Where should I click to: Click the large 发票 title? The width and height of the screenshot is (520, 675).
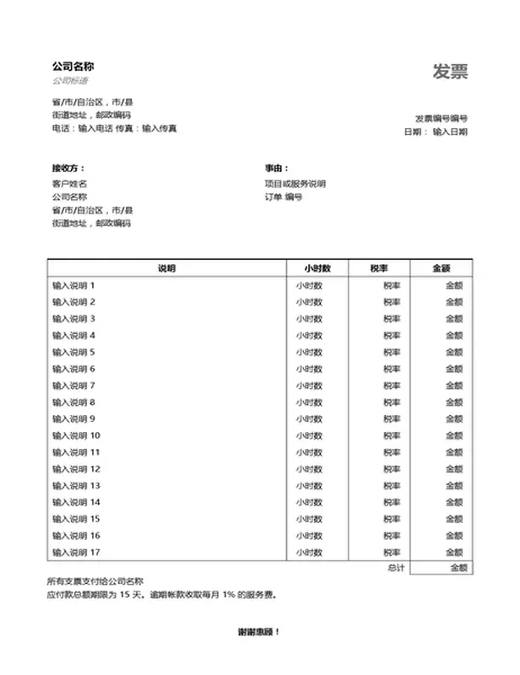pyautogui.click(x=450, y=72)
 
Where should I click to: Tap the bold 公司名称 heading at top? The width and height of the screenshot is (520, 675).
pyautogui.click(x=72, y=66)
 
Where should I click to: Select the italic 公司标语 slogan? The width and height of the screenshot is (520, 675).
pyautogui.click(x=68, y=81)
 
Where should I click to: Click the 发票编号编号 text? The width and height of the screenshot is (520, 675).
pyautogui.click(x=441, y=118)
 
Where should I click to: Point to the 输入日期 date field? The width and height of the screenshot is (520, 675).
pyautogui.click(x=450, y=132)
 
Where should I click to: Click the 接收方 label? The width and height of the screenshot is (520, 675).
pyautogui.click(x=68, y=169)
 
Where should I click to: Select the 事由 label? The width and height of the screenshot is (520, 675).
pyautogui.click(x=277, y=169)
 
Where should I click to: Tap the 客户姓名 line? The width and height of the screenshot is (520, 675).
pyautogui.click(x=69, y=183)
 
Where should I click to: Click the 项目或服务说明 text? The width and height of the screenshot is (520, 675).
pyautogui.click(x=295, y=183)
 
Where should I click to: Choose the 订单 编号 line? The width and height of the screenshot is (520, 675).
pyautogui.click(x=283, y=197)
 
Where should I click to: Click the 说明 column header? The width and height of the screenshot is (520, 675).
pyautogui.click(x=166, y=268)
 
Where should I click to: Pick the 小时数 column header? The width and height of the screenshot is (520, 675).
pyautogui.click(x=317, y=268)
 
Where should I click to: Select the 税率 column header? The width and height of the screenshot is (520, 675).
pyautogui.click(x=378, y=268)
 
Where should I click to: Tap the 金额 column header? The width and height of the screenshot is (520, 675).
pyautogui.click(x=441, y=268)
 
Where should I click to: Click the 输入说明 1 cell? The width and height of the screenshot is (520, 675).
pyautogui.click(x=73, y=285)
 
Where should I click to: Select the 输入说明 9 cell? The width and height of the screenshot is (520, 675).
pyautogui.click(x=73, y=418)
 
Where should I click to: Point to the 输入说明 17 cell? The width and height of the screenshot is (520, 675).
pyautogui.click(x=76, y=552)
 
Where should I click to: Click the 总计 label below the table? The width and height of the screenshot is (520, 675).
pyautogui.click(x=396, y=568)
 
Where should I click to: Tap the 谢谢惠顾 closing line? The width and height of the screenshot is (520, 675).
pyautogui.click(x=259, y=631)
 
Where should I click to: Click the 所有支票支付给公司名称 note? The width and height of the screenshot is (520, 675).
pyautogui.click(x=95, y=581)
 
